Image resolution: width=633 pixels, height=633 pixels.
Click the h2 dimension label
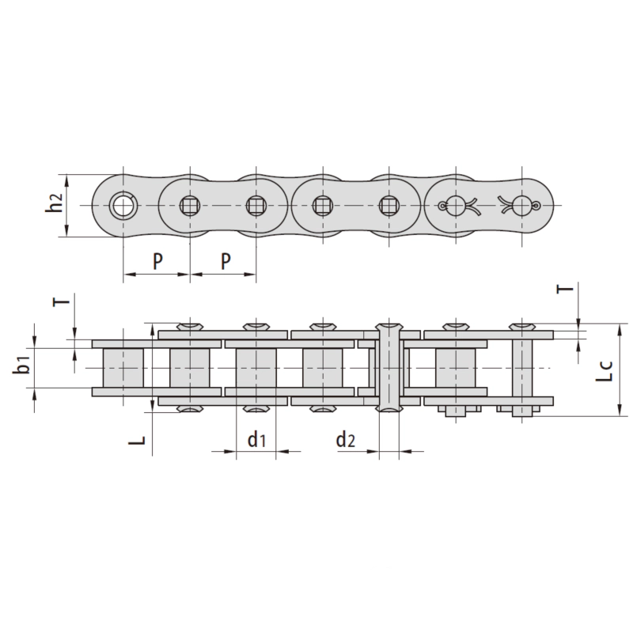[54, 202]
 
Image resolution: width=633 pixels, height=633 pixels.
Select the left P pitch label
[157, 261]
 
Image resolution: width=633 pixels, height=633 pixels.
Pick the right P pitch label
[226, 261]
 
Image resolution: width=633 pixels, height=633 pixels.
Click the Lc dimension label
[604, 371]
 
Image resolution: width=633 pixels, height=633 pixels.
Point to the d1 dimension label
[256, 439]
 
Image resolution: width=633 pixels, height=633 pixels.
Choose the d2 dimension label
[346, 439]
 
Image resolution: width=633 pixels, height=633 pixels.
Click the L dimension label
[137, 441]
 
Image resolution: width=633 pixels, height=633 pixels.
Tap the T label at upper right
[565, 289]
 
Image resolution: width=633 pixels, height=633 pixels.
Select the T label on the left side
[62, 301]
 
